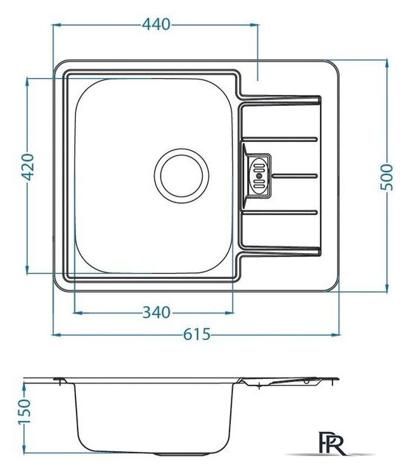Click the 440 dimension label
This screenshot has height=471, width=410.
click(156, 24)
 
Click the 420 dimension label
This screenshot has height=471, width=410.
click(28, 167)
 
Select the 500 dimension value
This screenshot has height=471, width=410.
click(387, 177)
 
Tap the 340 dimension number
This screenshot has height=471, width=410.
click(156, 313)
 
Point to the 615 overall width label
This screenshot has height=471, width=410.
click(197, 334)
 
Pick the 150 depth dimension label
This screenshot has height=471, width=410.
click(24, 411)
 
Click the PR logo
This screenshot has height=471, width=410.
click(333, 442)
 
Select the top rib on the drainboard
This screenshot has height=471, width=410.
click(280, 139)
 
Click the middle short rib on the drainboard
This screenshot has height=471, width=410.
click(295, 176)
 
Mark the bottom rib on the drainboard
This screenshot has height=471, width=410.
click(280, 213)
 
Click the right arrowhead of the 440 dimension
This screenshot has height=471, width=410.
click(254, 25)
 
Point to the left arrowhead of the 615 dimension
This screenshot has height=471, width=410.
click(58, 335)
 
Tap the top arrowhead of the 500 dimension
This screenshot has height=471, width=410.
click(387, 64)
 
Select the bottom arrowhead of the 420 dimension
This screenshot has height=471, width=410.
click(27, 269)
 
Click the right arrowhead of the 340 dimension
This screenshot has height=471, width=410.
click(229, 313)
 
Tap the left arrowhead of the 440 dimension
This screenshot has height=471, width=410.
click(58, 25)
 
